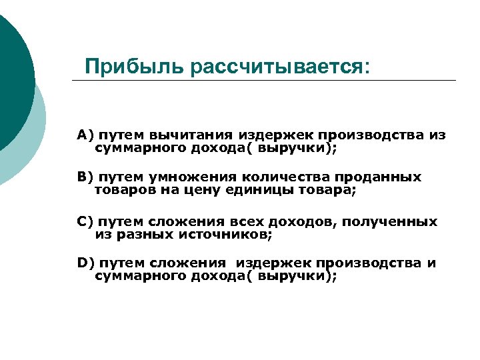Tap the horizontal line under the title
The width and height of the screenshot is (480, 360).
[267, 81]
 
